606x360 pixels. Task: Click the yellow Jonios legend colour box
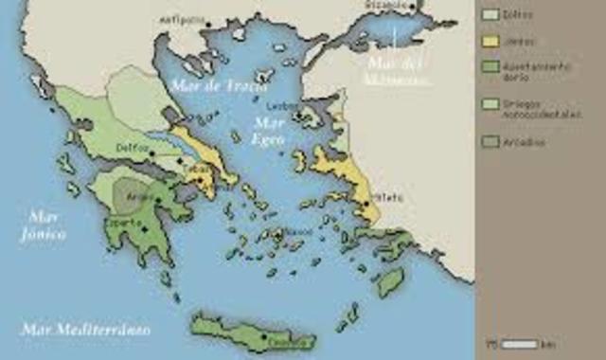(x=490, y=42)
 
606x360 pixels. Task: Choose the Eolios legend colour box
(x=490, y=14)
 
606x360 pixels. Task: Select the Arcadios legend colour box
(x=490, y=143)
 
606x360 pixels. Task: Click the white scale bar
(x=520, y=344)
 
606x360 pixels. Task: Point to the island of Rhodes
(x=389, y=280)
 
